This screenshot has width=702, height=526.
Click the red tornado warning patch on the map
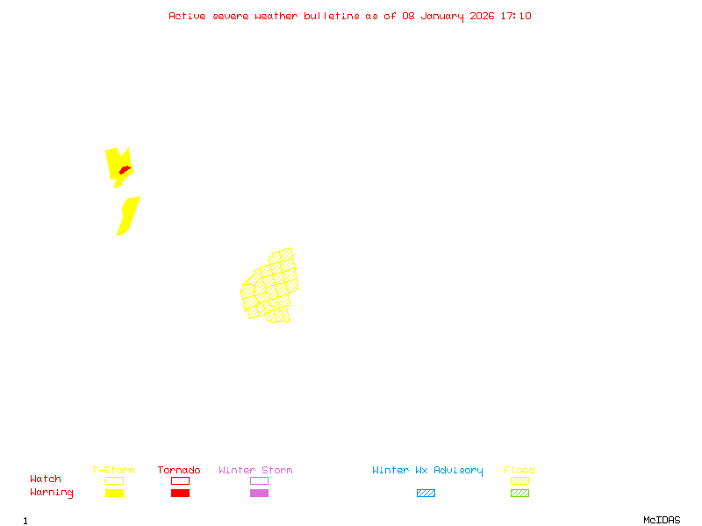coord(125,169)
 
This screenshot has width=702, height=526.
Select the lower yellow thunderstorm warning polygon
coord(128,216)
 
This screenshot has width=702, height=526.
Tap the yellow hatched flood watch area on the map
coord(271,287)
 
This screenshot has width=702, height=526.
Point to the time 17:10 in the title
coord(515,16)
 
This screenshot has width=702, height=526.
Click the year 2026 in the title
coord(483,16)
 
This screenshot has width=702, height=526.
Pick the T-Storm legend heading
coord(113,471)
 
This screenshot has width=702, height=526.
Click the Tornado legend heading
coord(179,471)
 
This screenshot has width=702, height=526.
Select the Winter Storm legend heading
coord(255,471)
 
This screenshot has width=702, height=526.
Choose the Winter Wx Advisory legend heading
coord(427,471)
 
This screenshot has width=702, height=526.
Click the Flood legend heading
coord(519,471)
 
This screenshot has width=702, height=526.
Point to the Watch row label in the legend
coord(46,480)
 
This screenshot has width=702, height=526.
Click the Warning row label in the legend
coord(52,493)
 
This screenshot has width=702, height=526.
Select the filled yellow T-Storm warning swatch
coord(114,493)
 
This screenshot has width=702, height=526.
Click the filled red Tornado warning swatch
coord(180,493)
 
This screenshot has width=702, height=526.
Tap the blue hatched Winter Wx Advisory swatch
coord(426,493)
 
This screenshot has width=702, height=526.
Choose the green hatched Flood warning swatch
coord(519,493)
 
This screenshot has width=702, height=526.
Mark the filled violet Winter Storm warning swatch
coord(259,493)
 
